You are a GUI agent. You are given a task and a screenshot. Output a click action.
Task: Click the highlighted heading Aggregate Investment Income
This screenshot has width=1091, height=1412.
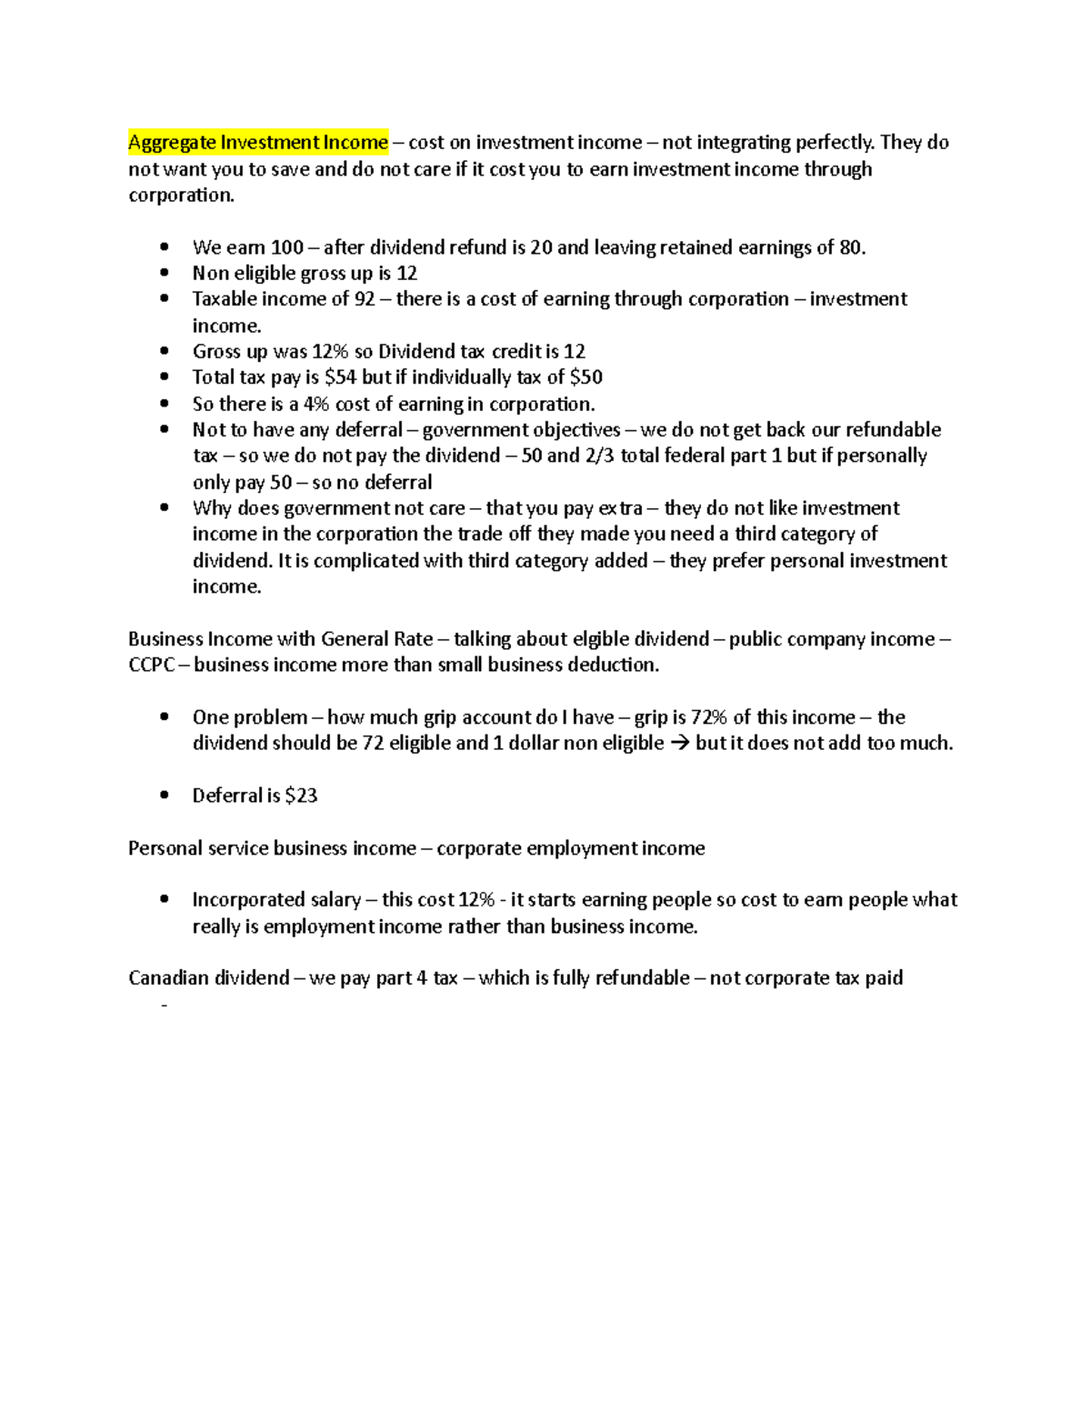coord(257,142)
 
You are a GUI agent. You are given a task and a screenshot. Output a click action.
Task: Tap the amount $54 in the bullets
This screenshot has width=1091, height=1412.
coord(340,377)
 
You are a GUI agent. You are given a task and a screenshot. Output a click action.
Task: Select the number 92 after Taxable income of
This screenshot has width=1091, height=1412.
coord(365,299)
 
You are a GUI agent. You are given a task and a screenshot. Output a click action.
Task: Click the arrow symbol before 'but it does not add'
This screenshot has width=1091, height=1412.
coord(679,744)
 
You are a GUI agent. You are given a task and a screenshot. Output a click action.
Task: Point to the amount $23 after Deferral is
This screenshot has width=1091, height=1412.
coord(301,796)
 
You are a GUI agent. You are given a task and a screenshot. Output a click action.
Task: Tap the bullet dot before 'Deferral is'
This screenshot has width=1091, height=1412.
coord(164,795)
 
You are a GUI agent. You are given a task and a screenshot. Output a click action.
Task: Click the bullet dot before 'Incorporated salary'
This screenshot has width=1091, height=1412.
coord(164,899)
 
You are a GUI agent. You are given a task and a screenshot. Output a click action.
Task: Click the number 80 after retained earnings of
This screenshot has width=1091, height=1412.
coord(850,247)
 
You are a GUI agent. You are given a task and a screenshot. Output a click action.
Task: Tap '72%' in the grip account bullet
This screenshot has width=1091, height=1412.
coord(709,717)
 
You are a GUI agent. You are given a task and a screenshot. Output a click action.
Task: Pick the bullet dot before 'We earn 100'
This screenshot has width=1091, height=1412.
coord(164,247)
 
